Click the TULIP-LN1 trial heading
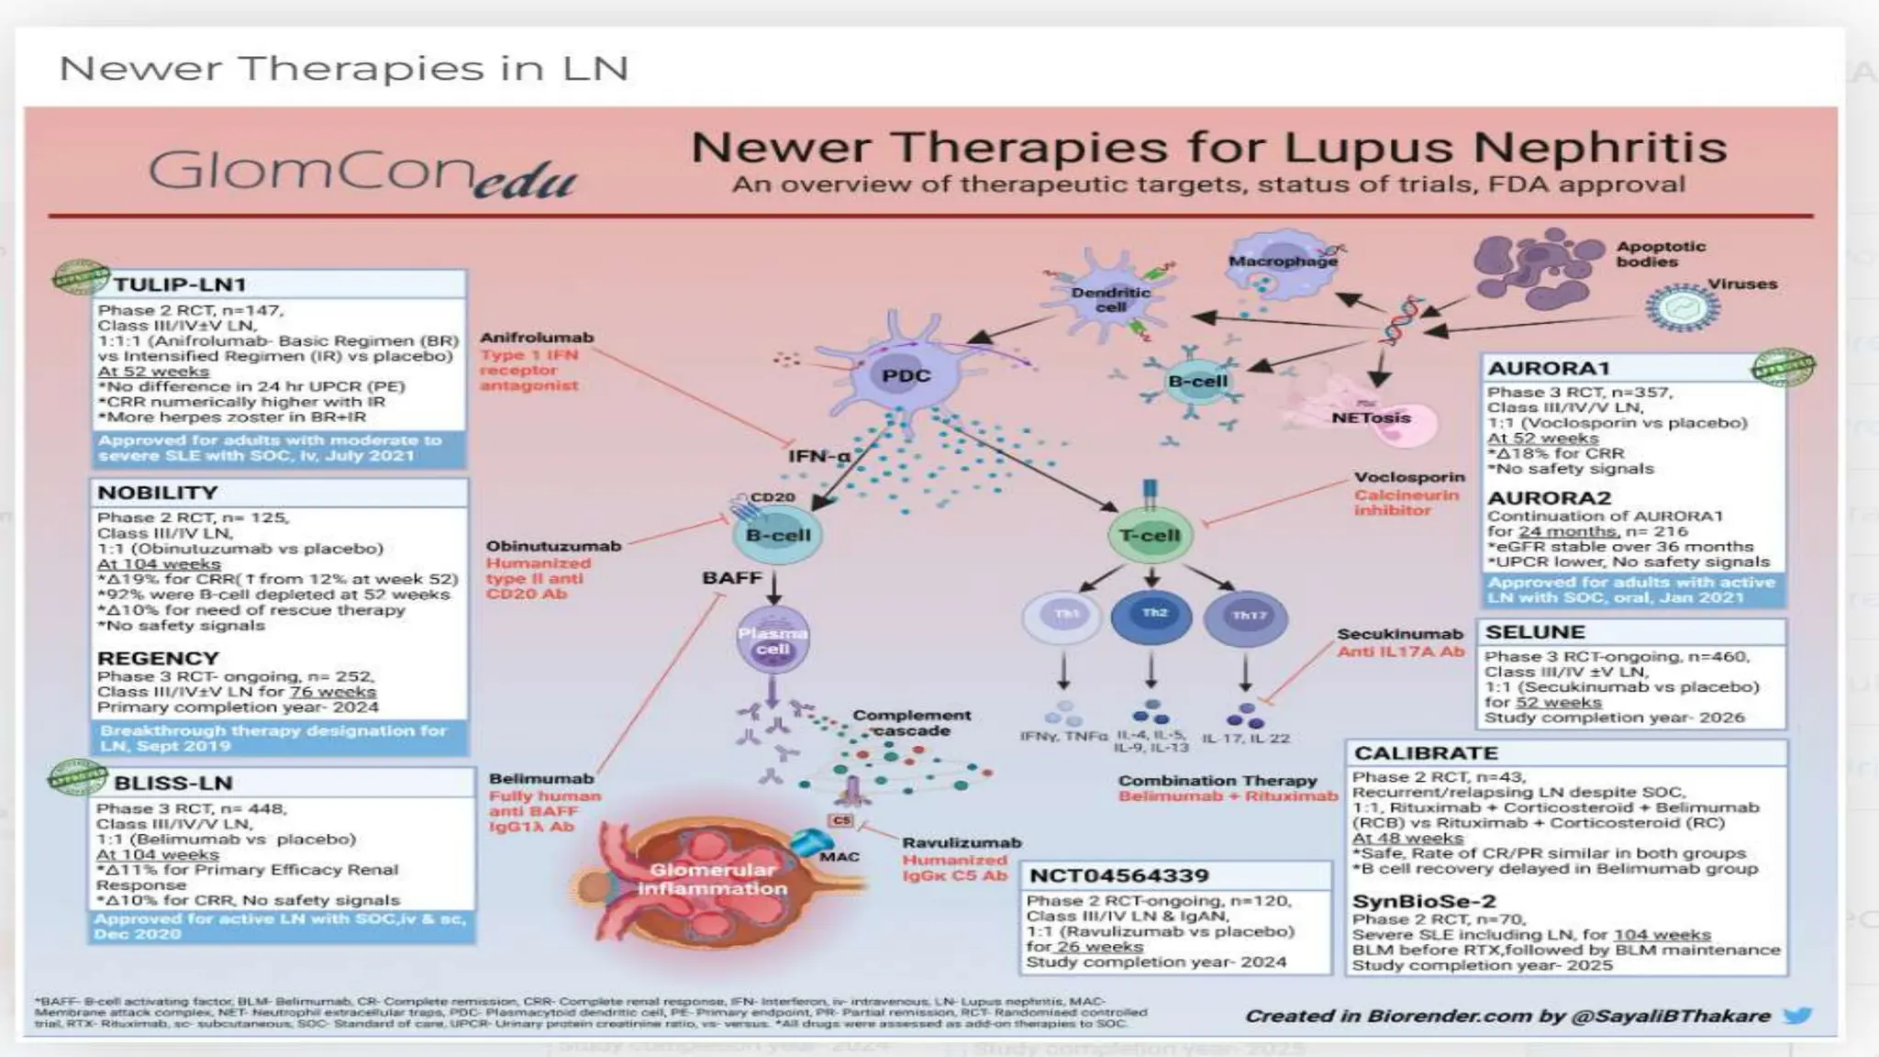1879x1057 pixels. tap(179, 284)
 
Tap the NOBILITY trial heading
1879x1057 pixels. tap(158, 493)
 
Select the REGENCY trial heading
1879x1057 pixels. tap(158, 659)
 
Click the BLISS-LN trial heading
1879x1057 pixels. tap(172, 784)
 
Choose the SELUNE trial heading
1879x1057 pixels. tap(1535, 632)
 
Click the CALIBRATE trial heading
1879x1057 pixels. tap(1426, 753)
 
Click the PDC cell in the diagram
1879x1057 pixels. tap(906, 375)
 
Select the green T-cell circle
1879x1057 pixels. tap(1150, 536)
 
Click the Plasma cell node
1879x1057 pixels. tap(773, 640)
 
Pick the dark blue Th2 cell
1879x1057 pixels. tap(1152, 616)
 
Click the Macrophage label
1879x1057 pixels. tap(1283, 261)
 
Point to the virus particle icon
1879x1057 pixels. tap(1682, 308)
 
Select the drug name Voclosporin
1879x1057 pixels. tap(1409, 478)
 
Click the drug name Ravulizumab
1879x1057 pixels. tap(961, 843)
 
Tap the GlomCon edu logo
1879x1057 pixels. tap(362, 172)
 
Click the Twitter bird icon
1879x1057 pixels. tap(1797, 1016)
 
